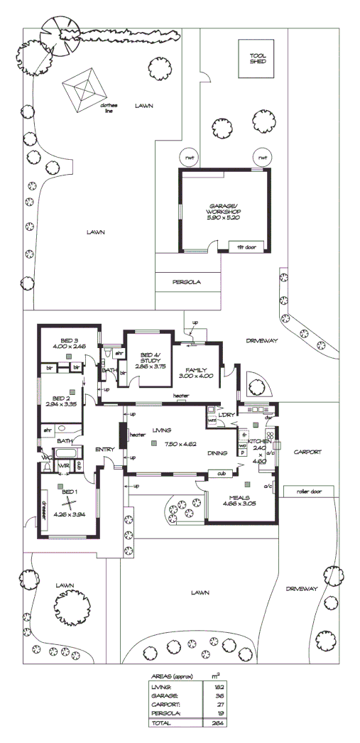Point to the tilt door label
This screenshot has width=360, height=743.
tap(246, 246)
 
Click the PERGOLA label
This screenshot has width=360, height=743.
tap(187, 281)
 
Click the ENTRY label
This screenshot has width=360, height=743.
tap(104, 448)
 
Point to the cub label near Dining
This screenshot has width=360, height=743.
tap(221, 473)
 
